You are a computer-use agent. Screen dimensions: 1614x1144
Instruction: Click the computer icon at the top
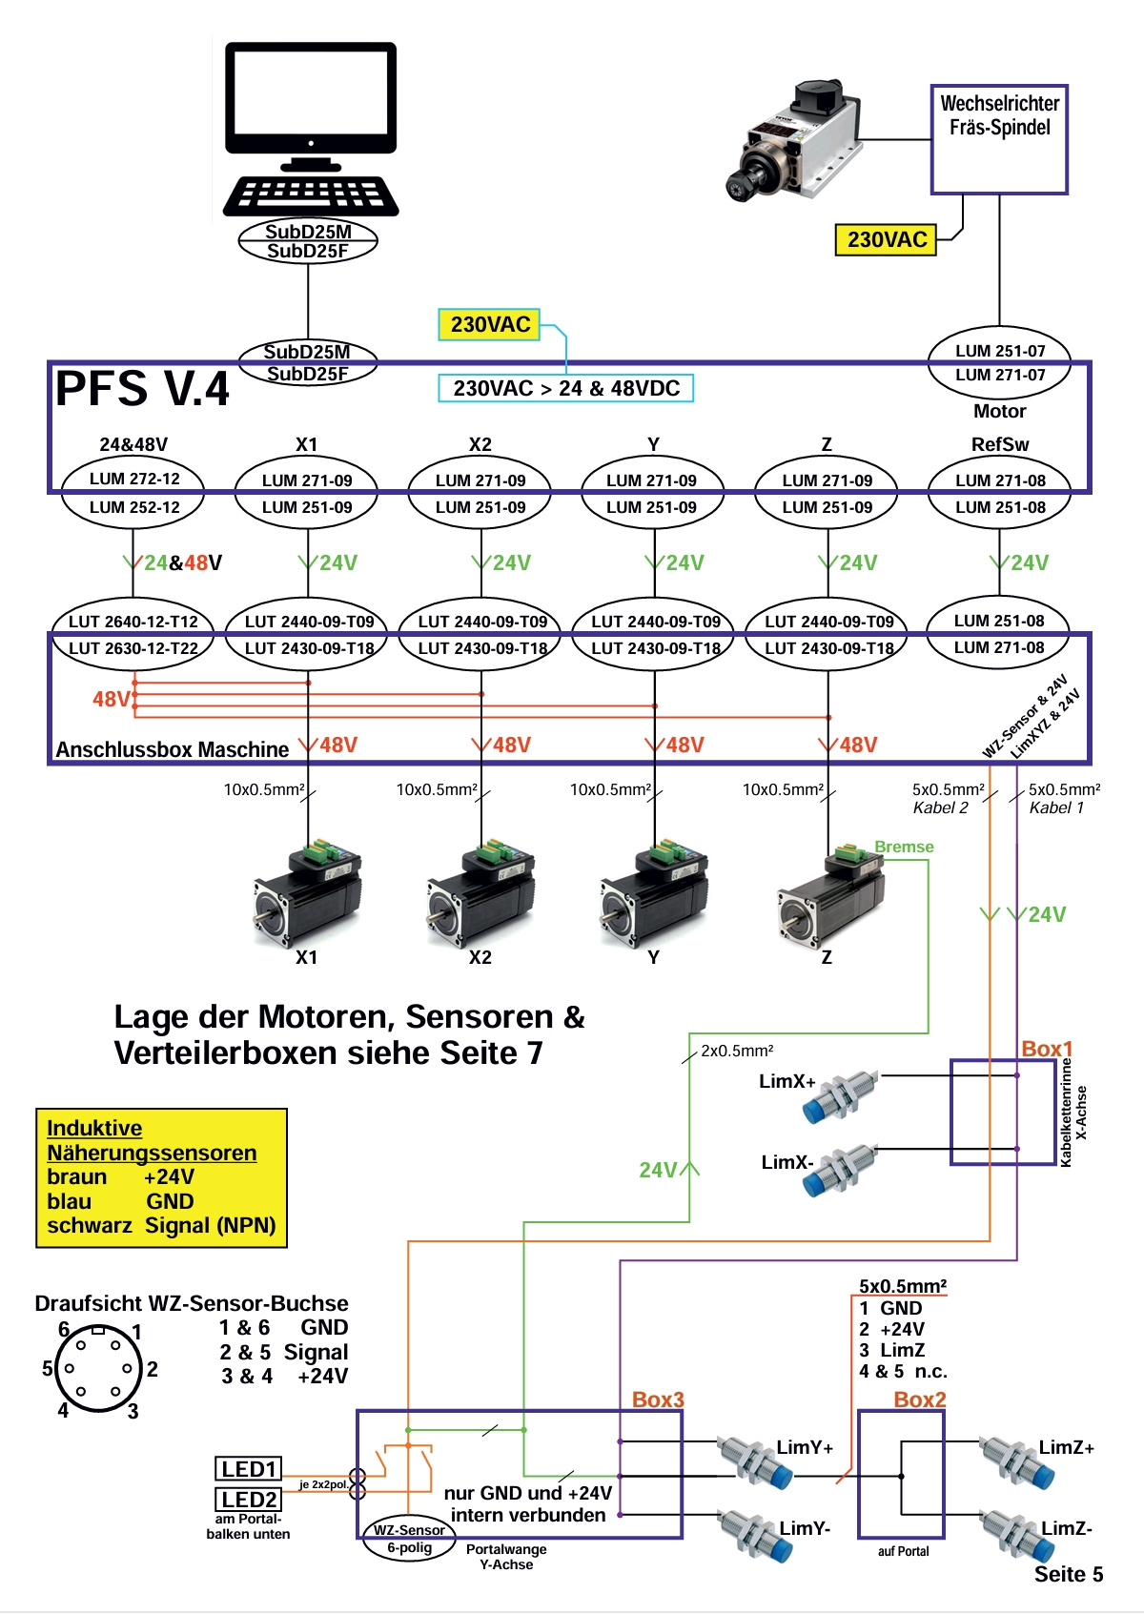tap(310, 129)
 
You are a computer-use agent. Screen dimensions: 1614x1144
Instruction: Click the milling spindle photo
tap(791, 140)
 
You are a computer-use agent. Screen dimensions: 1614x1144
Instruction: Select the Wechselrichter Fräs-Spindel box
tap(999, 139)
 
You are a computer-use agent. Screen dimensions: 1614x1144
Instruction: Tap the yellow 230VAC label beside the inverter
tap(887, 239)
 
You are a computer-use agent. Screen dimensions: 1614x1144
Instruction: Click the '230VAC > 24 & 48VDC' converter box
tap(566, 388)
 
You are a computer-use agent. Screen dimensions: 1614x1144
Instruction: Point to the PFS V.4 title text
tap(142, 389)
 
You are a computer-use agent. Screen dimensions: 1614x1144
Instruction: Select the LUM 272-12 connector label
tap(134, 479)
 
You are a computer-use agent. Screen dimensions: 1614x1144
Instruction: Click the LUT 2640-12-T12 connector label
tap(133, 622)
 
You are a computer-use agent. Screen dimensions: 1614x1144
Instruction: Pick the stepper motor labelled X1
tap(307, 891)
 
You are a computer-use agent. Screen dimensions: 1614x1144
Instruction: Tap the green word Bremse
tap(904, 847)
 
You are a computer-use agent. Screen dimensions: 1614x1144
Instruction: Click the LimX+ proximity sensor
tap(839, 1095)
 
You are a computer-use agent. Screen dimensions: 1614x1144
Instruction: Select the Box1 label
tap(1047, 1049)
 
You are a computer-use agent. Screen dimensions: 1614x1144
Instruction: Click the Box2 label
tap(920, 1399)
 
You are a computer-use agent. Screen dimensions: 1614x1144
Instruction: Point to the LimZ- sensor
tap(1016, 1534)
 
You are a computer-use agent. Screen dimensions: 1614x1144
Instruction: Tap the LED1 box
tap(249, 1469)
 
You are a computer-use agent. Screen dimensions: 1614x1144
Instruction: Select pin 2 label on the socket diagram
tap(153, 1369)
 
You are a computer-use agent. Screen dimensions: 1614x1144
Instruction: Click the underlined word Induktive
tap(94, 1128)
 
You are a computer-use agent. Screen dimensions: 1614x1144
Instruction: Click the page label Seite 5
tap(1069, 1574)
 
